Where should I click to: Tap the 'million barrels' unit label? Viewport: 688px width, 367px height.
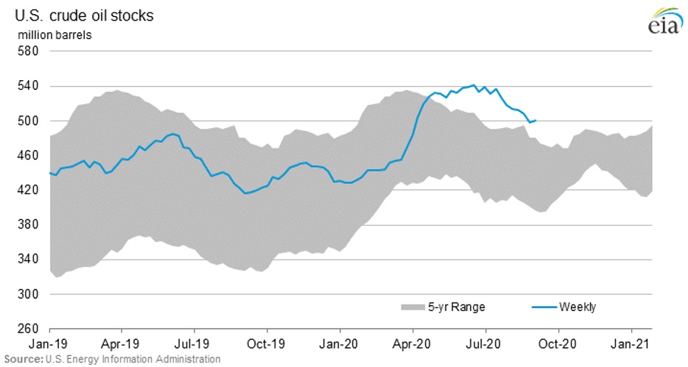(51, 35)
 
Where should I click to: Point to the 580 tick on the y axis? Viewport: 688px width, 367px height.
(30, 51)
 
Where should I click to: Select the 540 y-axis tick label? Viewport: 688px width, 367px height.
(30, 86)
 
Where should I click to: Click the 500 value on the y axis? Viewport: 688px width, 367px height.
(30, 121)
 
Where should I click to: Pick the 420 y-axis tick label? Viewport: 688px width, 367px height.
(30, 190)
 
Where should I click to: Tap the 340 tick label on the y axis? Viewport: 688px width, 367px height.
(30, 259)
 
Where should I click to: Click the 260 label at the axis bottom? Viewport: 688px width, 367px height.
(30, 329)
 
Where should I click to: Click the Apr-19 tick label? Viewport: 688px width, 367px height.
(120, 343)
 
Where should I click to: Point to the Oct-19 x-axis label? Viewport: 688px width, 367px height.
(267, 343)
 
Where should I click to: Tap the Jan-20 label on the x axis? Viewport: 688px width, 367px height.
(339, 343)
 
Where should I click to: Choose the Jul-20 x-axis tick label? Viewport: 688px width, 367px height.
(485, 343)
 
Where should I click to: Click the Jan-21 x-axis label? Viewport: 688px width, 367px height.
(631, 343)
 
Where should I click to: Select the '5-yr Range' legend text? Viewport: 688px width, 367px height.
(458, 307)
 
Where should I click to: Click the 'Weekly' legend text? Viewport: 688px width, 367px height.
(578, 307)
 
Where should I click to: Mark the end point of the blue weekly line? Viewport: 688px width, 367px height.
(536, 120)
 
